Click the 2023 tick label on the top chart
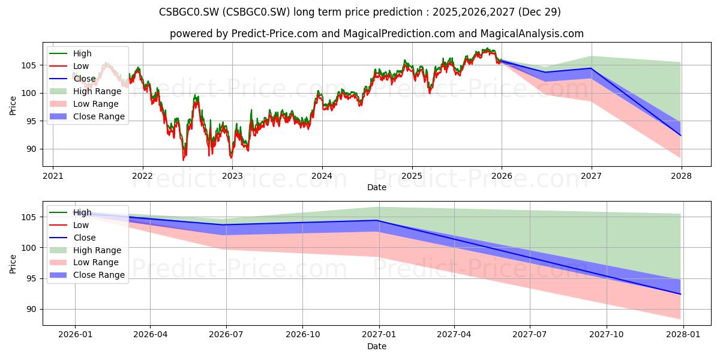pyautogui.click(x=232, y=176)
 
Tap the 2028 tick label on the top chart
pyautogui.click(x=682, y=176)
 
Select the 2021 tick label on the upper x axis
pyautogui.click(x=53, y=176)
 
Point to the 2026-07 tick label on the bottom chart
pyautogui.click(x=226, y=335)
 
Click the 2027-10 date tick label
pyautogui.click(x=607, y=335)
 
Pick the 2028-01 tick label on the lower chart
pyautogui.click(x=683, y=335)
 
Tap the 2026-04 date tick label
pyautogui.click(x=150, y=335)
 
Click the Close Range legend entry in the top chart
pyautogui.click(x=87, y=116)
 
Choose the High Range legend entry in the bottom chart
pyautogui.click(x=85, y=250)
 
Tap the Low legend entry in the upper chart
pyautogui.click(x=69, y=66)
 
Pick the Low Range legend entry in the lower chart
pyautogui.click(x=84, y=262)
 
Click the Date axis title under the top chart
pyautogui.click(x=377, y=187)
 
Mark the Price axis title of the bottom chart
pyautogui.click(x=13, y=264)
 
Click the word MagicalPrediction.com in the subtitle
pyautogui.click(x=399, y=34)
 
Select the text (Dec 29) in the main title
pyautogui.click(x=539, y=12)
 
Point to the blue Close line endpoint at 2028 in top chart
pyautogui.click(x=680, y=136)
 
